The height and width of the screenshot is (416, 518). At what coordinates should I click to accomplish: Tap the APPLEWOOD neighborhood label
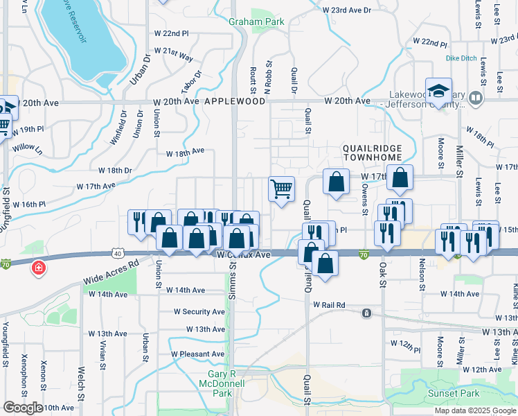click(235, 101)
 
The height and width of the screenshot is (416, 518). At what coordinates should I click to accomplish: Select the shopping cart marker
click(281, 189)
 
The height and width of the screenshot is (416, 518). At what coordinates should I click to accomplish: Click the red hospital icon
click(39, 267)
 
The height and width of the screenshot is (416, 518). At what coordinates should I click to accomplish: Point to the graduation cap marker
click(438, 91)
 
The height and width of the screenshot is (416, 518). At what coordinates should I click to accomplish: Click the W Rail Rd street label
click(329, 304)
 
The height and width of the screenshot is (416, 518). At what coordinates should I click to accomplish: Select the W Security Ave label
click(199, 312)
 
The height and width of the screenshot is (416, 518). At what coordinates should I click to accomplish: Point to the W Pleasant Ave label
click(198, 354)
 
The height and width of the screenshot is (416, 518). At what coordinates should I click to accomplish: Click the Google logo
click(23, 408)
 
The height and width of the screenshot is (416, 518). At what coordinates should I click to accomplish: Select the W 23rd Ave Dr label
click(347, 10)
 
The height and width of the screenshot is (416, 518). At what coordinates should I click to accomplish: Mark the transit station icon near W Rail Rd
click(366, 313)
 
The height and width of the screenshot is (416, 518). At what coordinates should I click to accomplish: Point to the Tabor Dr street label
click(193, 83)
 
